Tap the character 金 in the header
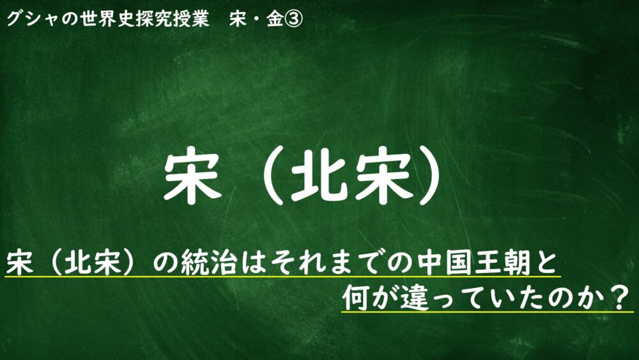pos(275,19)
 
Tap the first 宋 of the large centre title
pos(192,175)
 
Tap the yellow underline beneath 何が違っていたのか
pos(488,312)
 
